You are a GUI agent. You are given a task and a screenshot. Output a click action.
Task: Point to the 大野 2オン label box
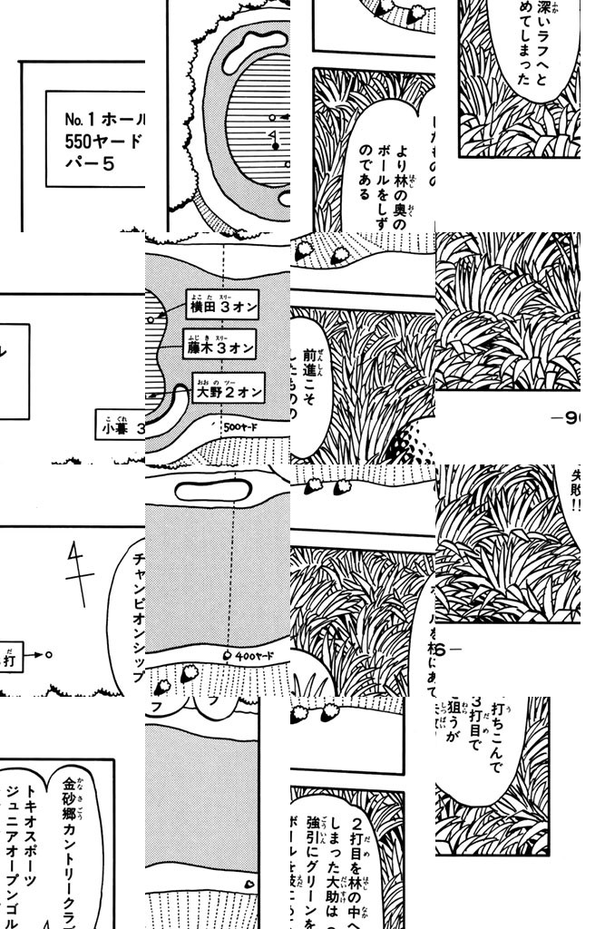[x=227, y=391]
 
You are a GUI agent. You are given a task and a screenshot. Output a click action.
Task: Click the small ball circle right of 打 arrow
[x=49, y=652]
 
